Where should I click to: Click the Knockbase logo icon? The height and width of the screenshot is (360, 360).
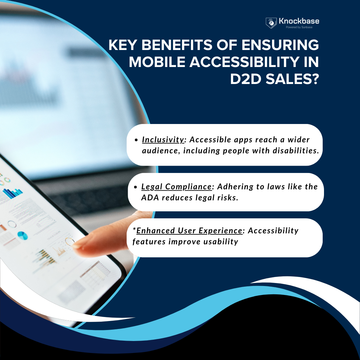(x=271, y=23)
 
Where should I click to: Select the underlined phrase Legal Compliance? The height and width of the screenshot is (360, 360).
(x=176, y=187)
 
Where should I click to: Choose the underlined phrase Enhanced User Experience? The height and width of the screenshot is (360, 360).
(x=189, y=231)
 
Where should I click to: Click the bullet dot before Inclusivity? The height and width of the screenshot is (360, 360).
(x=136, y=140)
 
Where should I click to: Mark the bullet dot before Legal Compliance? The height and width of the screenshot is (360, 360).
(x=135, y=187)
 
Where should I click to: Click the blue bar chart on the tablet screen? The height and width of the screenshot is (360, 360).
(x=13, y=193)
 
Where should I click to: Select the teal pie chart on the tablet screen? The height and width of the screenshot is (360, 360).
(x=22, y=236)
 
